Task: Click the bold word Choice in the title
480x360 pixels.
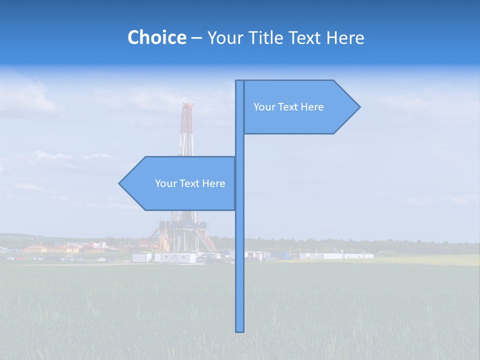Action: pos(156,37)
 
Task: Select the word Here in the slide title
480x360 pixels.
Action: pos(345,37)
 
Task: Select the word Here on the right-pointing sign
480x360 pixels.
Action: pos(312,107)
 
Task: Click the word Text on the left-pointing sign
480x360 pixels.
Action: pos(189,183)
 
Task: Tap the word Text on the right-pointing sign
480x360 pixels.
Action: pos(287,107)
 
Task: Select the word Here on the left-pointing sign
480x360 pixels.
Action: pos(214,183)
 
